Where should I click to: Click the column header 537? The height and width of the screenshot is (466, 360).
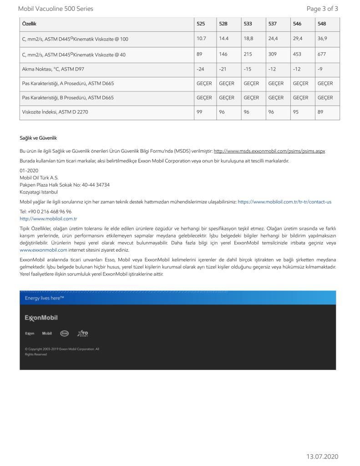272,24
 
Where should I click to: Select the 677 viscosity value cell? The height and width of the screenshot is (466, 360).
323,55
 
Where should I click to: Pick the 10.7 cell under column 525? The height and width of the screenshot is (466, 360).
201,39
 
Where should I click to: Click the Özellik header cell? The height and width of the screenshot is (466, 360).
29,24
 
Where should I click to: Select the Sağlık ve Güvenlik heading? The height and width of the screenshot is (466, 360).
38,138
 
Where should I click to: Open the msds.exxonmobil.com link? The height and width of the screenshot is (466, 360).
269,151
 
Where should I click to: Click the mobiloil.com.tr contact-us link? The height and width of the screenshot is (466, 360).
284,202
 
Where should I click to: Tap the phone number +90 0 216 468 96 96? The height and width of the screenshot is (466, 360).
46,212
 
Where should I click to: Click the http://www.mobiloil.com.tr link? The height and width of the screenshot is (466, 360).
48,218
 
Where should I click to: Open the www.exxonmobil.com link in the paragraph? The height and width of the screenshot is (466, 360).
43,250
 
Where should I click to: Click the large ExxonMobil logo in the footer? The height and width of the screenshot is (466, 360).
41,318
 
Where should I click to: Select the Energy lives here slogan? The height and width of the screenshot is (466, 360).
44,298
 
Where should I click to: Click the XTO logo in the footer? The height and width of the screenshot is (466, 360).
83,334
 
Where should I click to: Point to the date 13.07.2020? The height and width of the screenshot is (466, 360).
322,456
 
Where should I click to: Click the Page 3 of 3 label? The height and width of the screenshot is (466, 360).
322,9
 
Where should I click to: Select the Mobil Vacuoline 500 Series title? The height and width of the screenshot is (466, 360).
56,9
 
